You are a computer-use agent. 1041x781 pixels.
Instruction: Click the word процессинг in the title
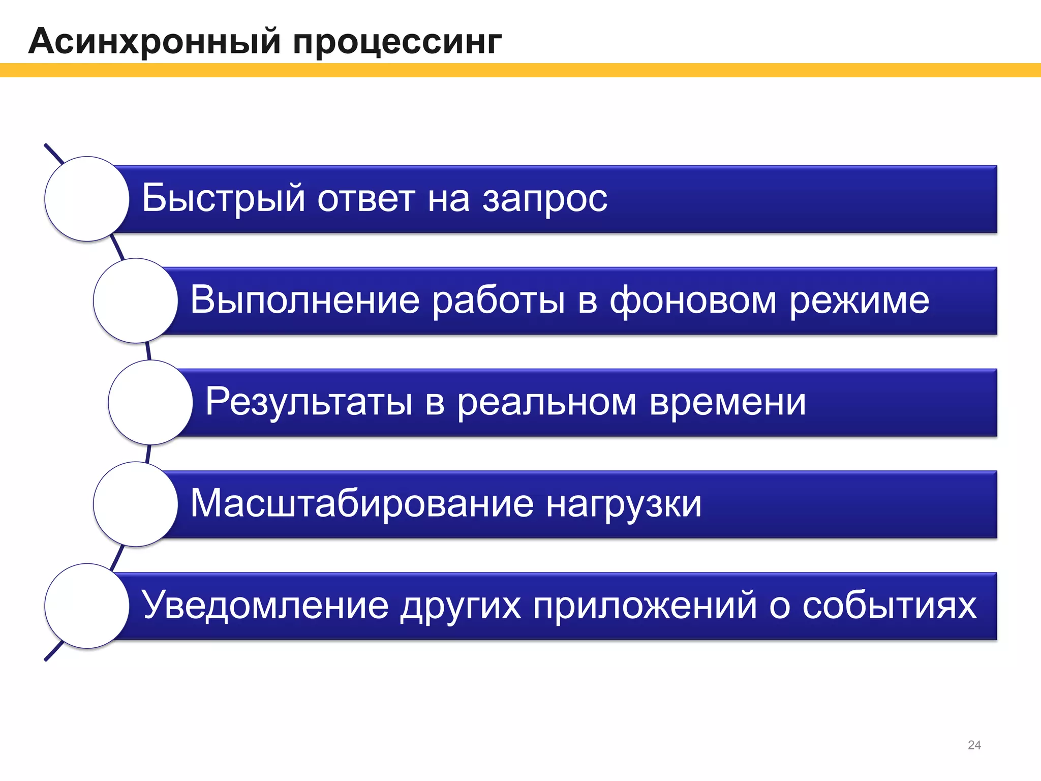click(397, 43)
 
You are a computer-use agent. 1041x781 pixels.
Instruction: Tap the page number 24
click(974, 745)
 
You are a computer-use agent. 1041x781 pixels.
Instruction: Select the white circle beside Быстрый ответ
click(87, 199)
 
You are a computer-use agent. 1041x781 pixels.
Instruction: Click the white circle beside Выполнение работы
click(136, 301)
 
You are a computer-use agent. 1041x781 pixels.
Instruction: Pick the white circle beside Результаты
click(150, 402)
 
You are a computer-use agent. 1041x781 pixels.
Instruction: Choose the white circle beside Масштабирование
click(136, 504)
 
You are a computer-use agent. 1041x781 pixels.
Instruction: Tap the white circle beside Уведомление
click(87, 606)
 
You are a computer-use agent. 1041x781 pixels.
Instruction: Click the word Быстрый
click(223, 198)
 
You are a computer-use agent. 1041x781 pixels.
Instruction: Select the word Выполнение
click(305, 300)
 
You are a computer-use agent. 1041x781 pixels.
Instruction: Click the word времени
click(727, 402)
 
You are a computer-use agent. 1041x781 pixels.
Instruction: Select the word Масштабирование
click(362, 504)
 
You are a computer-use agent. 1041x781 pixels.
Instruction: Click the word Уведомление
click(265, 606)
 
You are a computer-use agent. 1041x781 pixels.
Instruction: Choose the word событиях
click(889, 606)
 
